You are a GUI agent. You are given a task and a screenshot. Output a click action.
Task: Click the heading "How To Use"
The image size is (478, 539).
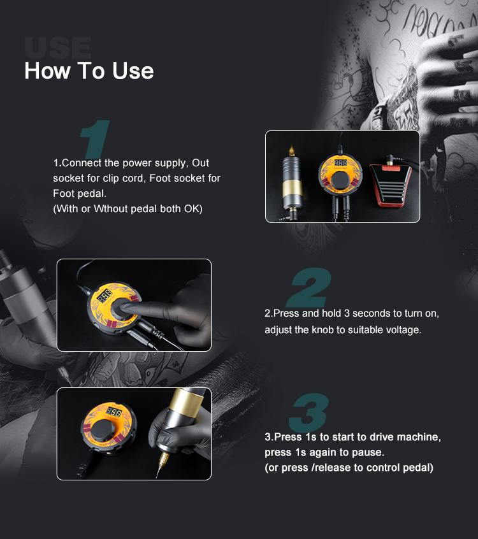point(89,70)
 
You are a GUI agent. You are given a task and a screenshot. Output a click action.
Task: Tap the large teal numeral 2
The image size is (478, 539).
point(309,288)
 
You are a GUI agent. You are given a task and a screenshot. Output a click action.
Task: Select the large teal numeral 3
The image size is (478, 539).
point(308,413)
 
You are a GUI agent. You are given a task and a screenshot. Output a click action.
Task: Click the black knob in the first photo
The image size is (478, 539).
point(341,182)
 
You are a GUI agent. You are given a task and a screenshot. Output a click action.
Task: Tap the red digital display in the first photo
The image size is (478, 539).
point(340,163)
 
